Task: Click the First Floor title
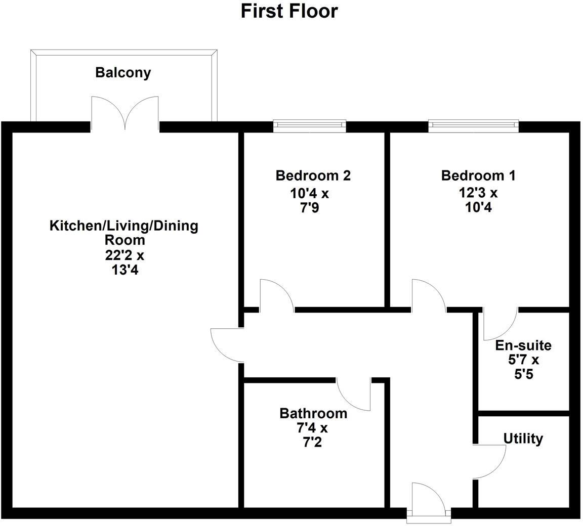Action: pos(289,11)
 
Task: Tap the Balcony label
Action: pos(123,72)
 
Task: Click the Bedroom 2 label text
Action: pos(313,176)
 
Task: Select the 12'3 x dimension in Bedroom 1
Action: pos(478,192)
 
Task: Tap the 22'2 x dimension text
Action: pos(124,255)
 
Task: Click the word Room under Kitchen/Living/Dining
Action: pos(124,240)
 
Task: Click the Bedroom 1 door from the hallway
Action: pos(427,296)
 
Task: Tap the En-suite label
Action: pos(523,345)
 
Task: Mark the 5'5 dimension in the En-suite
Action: pos(523,375)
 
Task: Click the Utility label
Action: pos(523,439)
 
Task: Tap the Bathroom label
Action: pos(313,413)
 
